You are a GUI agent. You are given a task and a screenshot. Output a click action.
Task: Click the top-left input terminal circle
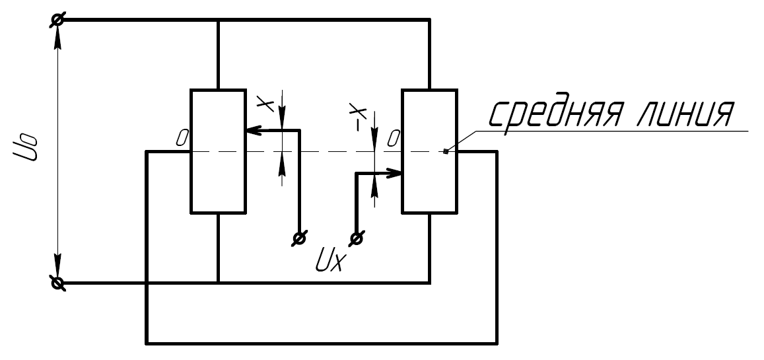[x=57, y=20]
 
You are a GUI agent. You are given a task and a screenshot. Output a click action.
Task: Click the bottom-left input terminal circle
[x=57, y=283]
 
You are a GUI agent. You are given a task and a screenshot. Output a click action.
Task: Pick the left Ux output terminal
[x=299, y=238]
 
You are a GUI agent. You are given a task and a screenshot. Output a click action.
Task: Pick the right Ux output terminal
[x=357, y=238]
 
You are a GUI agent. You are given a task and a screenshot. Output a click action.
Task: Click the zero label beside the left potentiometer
[x=182, y=138]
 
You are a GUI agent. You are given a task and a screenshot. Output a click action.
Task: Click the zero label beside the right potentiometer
[x=393, y=139]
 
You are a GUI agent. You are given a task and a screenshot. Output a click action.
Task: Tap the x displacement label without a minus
[x=265, y=103]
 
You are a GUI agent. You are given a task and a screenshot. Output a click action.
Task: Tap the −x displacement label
[x=358, y=116]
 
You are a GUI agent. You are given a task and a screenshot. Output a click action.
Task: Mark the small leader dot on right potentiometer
[x=445, y=151]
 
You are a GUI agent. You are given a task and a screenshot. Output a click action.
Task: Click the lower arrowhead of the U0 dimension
[x=57, y=265]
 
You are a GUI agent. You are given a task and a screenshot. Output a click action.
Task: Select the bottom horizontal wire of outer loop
[x=321, y=343]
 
